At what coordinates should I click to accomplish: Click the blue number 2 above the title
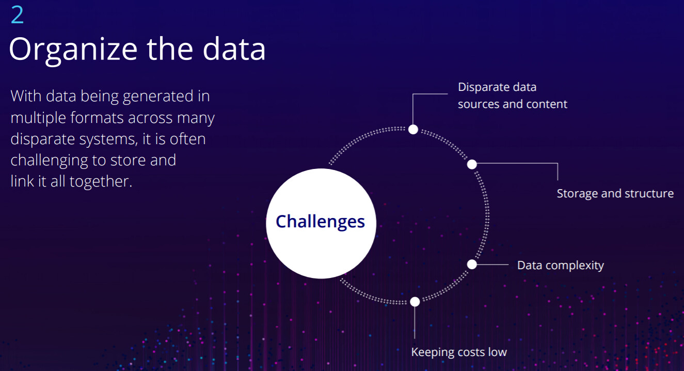[17, 14]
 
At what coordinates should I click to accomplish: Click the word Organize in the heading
[73, 50]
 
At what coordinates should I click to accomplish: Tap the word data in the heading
[234, 49]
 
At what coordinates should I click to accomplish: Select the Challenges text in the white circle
[321, 222]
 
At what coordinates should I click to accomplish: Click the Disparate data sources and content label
[513, 96]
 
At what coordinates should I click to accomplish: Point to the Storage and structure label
[615, 194]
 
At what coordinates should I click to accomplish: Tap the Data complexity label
[560, 266]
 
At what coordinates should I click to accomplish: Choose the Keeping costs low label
[459, 352]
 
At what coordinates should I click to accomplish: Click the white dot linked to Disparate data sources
[413, 129]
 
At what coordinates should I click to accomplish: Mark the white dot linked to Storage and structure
[472, 164]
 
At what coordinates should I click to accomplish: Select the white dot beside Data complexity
[472, 265]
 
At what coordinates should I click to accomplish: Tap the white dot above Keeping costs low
[415, 302]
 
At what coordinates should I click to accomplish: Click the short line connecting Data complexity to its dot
[492, 265]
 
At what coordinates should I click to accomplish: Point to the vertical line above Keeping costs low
[415, 322]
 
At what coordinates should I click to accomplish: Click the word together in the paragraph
[101, 182]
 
